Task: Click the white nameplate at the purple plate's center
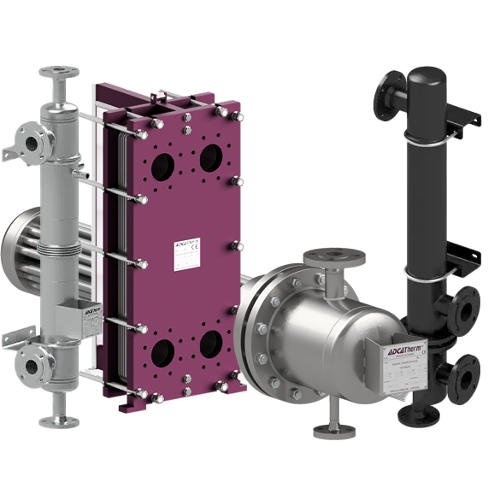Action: coord(188,254)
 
